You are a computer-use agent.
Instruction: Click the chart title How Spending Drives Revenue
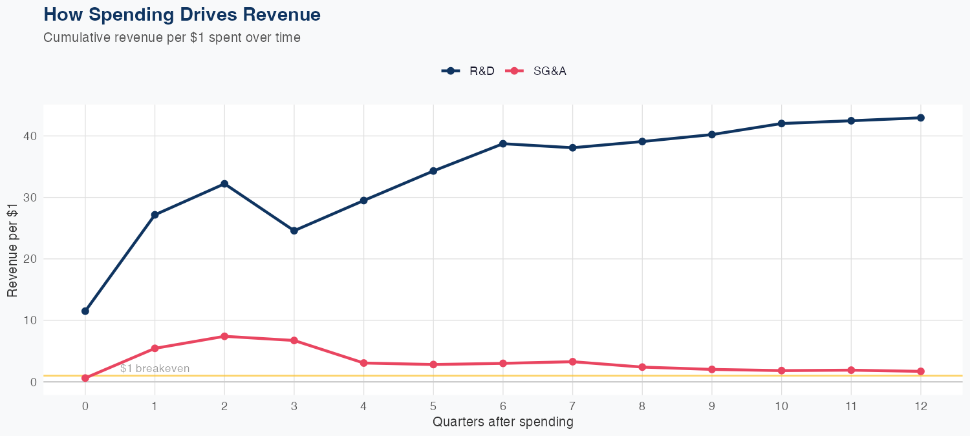[182, 14]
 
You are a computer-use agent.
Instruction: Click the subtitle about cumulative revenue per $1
[172, 37]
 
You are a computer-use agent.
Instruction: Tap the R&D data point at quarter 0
[85, 311]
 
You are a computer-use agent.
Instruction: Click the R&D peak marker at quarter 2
[224, 184]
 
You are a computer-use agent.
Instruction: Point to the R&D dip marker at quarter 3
[294, 231]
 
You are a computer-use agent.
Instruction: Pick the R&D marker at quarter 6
[503, 144]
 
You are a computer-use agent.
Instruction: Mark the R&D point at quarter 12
[921, 118]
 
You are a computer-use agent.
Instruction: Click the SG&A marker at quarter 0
[85, 378]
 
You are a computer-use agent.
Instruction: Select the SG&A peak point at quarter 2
[224, 337]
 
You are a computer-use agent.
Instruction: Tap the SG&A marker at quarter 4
[364, 363]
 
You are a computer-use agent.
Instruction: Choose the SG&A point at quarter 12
[921, 371]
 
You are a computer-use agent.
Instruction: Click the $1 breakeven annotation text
[155, 369]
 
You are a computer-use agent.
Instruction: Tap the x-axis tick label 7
[572, 406]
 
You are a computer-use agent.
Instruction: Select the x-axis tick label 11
[851, 406]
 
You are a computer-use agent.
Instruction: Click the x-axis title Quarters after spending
[503, 422]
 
